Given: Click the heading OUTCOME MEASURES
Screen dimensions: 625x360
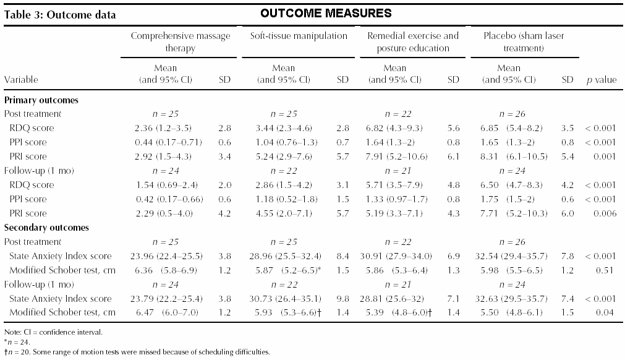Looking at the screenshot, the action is (326, 13).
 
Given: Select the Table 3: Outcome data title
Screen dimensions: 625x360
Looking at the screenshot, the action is (60, 15).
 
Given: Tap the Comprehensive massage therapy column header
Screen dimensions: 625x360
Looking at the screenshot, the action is (180, 42).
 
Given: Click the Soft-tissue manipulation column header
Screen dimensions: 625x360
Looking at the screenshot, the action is (299, 36).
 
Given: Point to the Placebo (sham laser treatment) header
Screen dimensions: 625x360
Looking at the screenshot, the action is (524, 42).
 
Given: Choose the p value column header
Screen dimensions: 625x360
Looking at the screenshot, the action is (602, 80).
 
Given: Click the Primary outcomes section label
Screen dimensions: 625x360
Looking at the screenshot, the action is (41, 100).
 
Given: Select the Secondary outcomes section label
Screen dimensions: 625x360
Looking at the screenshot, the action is (46, 228).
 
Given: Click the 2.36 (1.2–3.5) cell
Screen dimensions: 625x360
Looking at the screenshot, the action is (163, 128).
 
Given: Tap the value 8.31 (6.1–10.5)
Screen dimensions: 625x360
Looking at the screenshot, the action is (514, 156).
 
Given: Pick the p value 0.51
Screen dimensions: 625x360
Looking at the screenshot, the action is (605, 270).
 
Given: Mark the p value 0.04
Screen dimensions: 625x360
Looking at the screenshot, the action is (605, 312).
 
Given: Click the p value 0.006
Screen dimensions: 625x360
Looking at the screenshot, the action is (605, 213).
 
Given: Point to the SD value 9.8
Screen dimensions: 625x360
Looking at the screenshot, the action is (343, 299).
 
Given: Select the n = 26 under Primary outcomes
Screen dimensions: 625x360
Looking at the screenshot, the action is (512, 114).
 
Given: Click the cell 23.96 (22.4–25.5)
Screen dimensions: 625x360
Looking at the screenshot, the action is (166, 256).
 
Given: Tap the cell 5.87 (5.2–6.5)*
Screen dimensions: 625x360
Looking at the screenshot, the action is (288, 270).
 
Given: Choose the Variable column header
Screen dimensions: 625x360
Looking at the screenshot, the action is (21, 80).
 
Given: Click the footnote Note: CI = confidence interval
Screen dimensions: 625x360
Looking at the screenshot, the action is (53, 332).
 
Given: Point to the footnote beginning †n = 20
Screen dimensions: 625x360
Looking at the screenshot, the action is (137, 352).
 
